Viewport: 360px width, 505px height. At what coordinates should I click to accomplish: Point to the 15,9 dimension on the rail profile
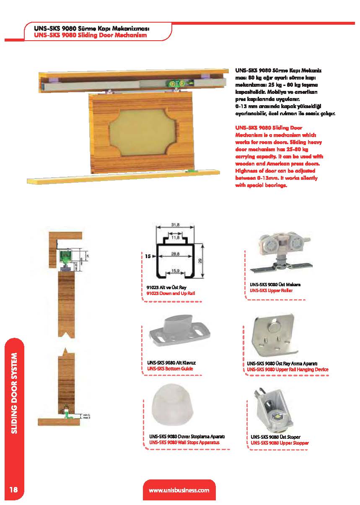(176, 271)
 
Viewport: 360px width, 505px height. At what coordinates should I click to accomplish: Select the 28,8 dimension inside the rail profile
(176, 254)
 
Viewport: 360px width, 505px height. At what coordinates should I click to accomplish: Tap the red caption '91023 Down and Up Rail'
(171, 293)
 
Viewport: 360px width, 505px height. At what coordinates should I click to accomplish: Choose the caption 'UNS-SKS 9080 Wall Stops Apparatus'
(184, 442)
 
